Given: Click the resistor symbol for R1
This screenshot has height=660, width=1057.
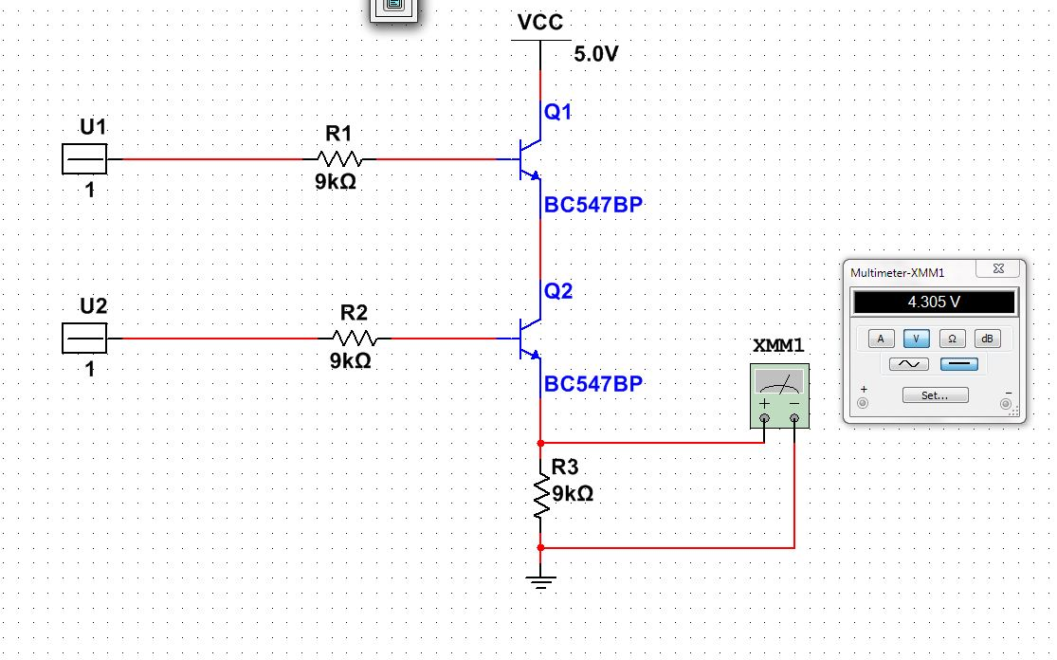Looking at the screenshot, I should click(x=339, y=159).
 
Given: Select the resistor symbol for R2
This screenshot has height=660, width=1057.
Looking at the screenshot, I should click(x=355, y=338).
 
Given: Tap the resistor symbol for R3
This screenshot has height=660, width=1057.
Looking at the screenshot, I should click(x=541, y=495).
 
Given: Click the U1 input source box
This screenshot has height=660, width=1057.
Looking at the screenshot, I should click(x=84, y=159).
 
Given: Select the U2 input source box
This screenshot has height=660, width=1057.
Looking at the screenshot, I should click(x=84, y=339).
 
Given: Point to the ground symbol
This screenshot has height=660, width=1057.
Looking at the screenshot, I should click(x=541, y=580).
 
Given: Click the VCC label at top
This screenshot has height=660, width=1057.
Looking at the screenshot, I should click(x=540, y=23).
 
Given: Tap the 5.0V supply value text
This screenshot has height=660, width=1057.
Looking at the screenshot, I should click(x=595, y=54).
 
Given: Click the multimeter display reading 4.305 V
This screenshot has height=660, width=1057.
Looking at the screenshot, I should click(x=934, y=302).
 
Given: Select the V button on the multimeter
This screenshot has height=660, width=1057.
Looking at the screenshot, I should click(x=916, y=339).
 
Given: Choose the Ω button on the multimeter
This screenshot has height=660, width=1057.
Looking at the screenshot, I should click(x=952, y=339).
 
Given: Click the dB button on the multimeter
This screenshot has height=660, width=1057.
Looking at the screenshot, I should click(x=987, y=339).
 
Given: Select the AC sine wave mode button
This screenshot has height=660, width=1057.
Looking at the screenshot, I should click(x=908, y=364).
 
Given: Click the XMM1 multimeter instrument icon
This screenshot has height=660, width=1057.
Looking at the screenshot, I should click(x=779, y=394).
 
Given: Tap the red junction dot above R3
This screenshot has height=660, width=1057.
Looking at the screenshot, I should click(x=541, y=443).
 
